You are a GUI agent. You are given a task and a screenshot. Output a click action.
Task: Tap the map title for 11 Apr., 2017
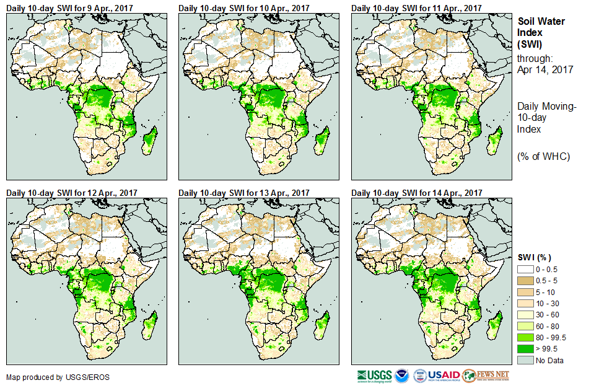(x=417, y=8)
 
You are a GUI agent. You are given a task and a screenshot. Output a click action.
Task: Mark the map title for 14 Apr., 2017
(x=417, y=193)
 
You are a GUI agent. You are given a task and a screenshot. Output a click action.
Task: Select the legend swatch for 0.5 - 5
(x=525, y=281)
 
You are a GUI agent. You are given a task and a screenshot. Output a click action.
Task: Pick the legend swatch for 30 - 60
(x=525, y=315)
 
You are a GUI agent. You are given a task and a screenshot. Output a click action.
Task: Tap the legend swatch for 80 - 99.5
(x=525, y=337)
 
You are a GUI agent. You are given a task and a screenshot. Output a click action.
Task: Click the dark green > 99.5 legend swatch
(x=525, y=348)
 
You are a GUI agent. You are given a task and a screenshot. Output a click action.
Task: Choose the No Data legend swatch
(x=525, y=360)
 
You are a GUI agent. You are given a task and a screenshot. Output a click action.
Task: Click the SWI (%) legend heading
(x=535, y=257)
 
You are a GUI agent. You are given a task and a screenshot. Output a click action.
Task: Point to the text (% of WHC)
(x=543, y=156)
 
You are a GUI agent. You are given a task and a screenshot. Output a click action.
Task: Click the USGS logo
(x=374, y=376)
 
